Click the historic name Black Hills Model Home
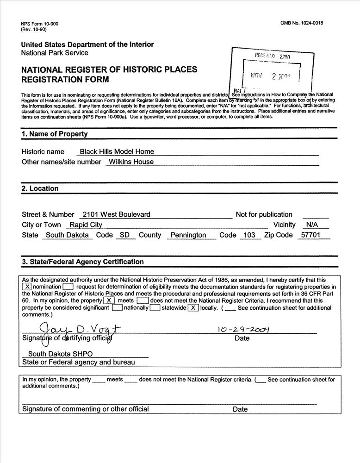117,151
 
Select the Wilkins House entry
130,162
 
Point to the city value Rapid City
86,225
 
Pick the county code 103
249,235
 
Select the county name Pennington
188,235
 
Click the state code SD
124,235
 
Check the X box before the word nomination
27,287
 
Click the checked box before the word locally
193,308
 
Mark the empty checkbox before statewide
155,308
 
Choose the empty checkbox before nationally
118,308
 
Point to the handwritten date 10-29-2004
243,330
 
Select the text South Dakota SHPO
60,354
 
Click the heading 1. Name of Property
54,134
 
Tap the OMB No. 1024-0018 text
302,23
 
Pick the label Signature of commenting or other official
86,409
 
